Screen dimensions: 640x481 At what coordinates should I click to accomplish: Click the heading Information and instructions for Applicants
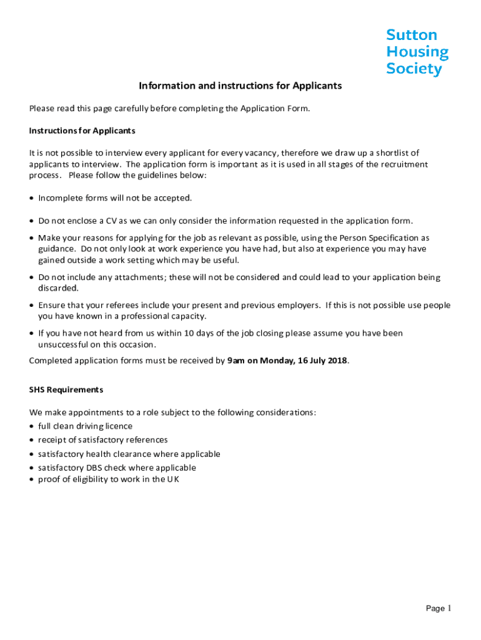[x=241, y=86]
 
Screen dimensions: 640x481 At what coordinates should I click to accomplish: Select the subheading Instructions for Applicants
[x=82, y=131]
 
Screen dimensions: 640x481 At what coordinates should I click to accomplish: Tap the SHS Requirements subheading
[x=66, y=389]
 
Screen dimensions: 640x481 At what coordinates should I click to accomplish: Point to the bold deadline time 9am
[x=236, y=360]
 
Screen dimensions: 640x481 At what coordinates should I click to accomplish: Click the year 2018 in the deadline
[x=335, y=360]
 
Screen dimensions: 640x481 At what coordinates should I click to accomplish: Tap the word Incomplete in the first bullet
[x=60, y=198]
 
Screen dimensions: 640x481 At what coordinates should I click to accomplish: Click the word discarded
[x=59, y=288]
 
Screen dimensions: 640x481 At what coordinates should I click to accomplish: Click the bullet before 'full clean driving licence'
[x=32, y=426]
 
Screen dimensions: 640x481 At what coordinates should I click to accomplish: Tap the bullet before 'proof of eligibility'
[x=32, y=479]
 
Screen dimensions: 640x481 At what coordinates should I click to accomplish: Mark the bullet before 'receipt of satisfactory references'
[x=32, y=440]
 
